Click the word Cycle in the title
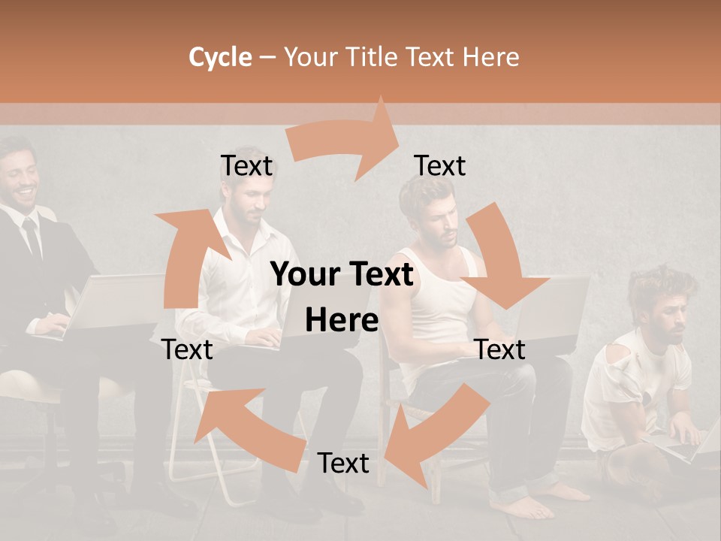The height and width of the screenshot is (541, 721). click(220, 57)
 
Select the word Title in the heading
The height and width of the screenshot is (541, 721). click(371, 57)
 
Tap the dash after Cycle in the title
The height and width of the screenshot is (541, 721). click(268, 58)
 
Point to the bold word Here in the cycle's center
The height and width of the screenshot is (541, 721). click(342, 320)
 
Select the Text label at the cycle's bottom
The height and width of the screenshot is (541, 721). click(343, 463)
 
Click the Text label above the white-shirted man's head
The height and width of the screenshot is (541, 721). click(246, 165)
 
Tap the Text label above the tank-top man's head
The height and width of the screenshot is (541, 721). click(440, 165)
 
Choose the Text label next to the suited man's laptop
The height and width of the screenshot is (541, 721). click(187, 349)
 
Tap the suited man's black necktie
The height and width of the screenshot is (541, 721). click(32, 237)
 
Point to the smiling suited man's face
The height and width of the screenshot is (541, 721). click(19, 180)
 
